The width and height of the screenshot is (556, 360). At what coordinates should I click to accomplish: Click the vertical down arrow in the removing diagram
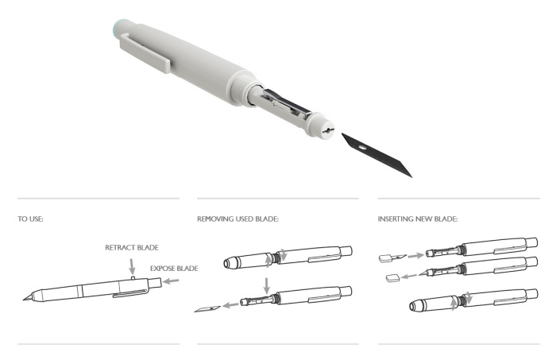coord(266,284)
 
